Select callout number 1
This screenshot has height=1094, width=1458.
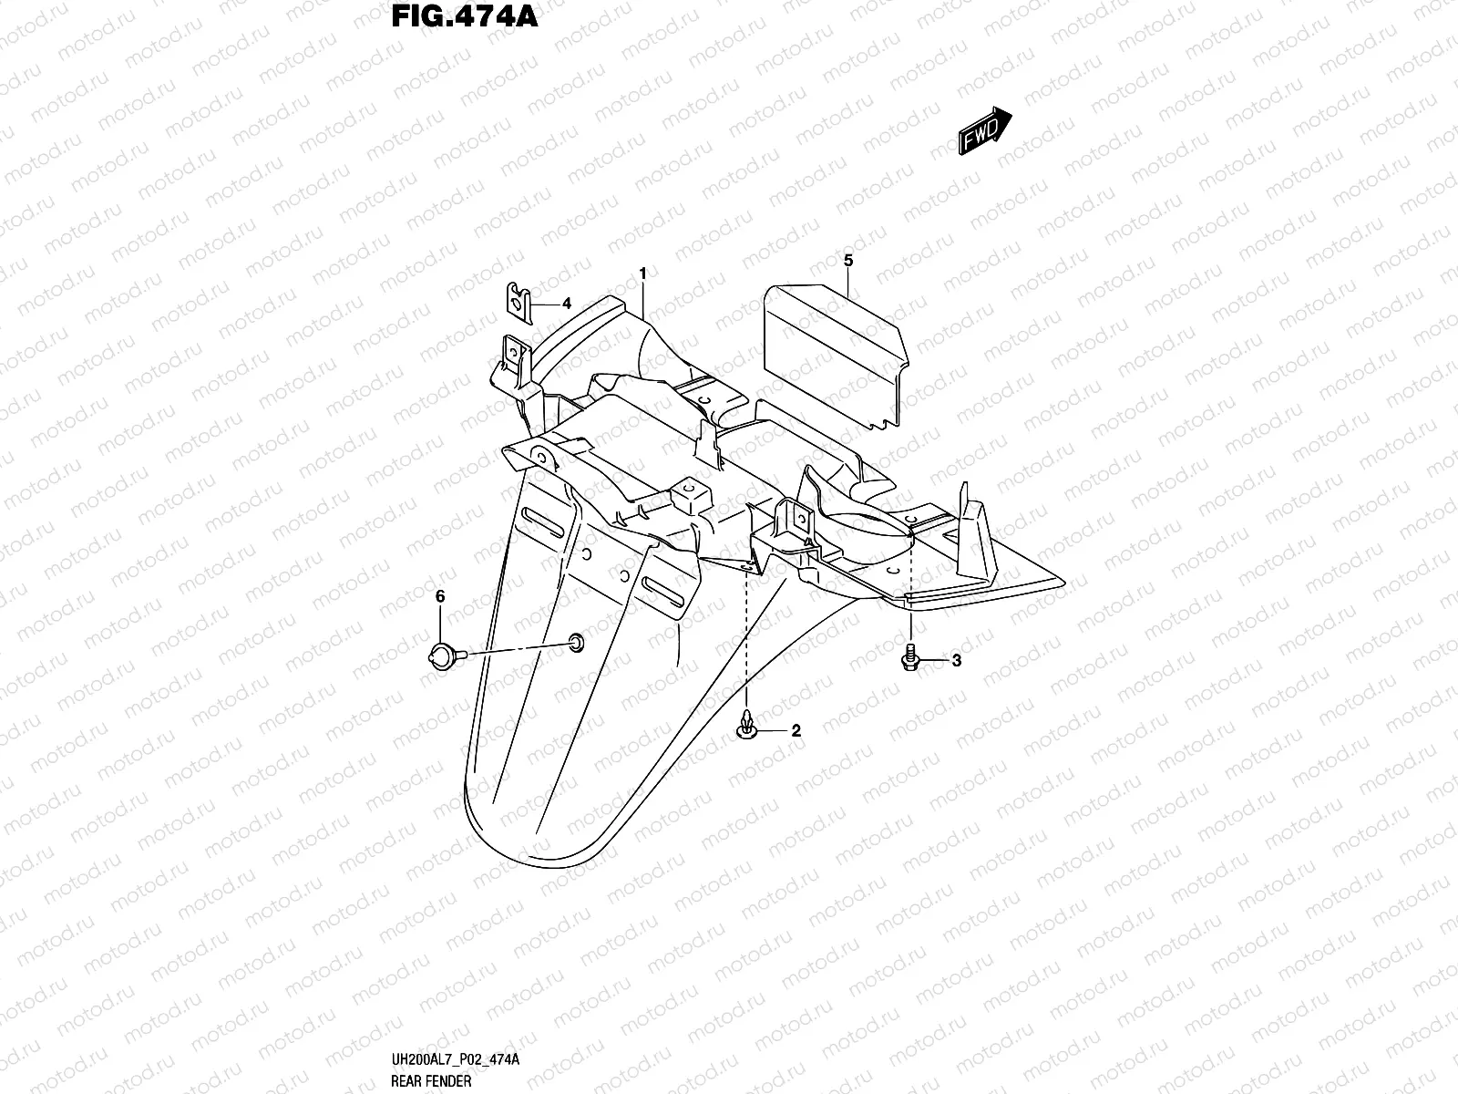click(642, 273)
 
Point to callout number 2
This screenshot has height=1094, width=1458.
click(795, 730)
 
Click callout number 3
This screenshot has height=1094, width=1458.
click(956, 661)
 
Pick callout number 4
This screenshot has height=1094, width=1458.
click(566, 304)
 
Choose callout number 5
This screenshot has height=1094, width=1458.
click(848, 261)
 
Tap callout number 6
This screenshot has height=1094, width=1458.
click(439, 596)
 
